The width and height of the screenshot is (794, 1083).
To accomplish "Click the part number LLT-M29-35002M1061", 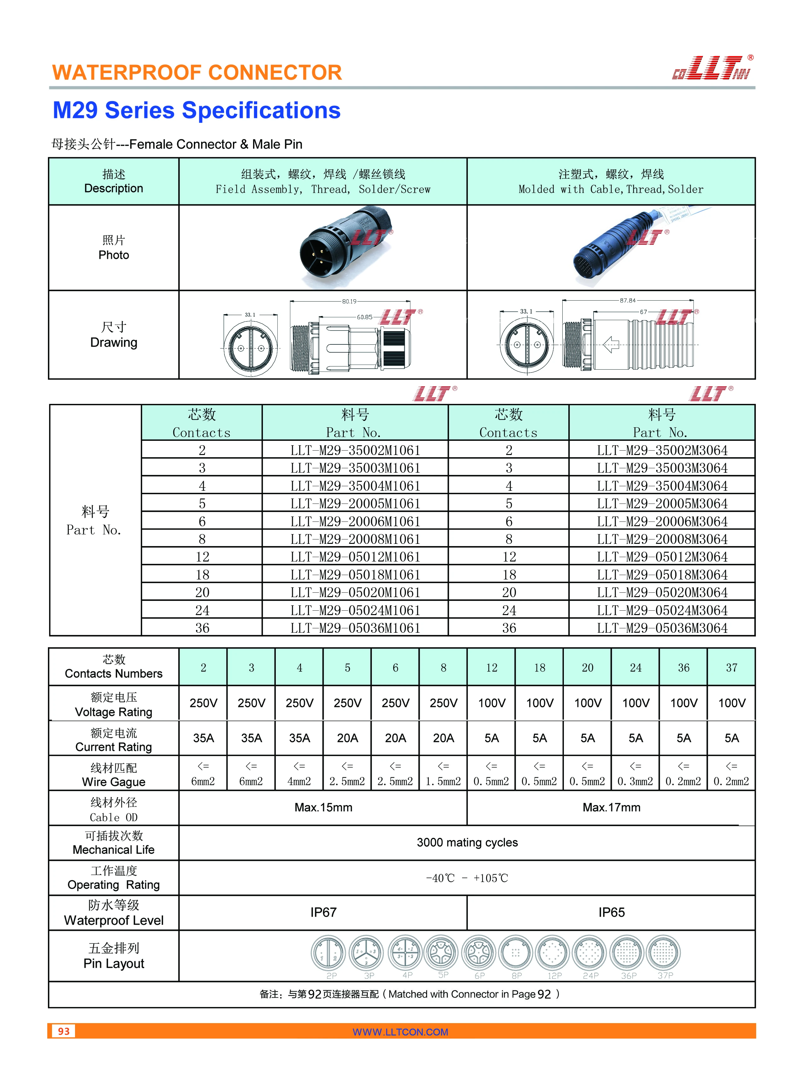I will click(355, 450).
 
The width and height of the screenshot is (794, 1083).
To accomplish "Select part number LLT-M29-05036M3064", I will click(662, 628).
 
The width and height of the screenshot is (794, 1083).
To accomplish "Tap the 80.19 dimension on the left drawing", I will click(350, 301).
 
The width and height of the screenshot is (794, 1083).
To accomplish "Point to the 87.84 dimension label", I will click(628, 300).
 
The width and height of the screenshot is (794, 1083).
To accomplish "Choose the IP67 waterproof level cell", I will click(323, 913).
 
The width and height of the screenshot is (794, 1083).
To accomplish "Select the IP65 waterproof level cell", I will click(611, 913).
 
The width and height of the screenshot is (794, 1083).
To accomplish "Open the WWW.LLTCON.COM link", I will click(400, 1032).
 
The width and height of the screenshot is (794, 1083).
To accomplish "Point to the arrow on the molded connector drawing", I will click(611, 344).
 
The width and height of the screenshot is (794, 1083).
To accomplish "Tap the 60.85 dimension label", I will click(364, 317).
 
